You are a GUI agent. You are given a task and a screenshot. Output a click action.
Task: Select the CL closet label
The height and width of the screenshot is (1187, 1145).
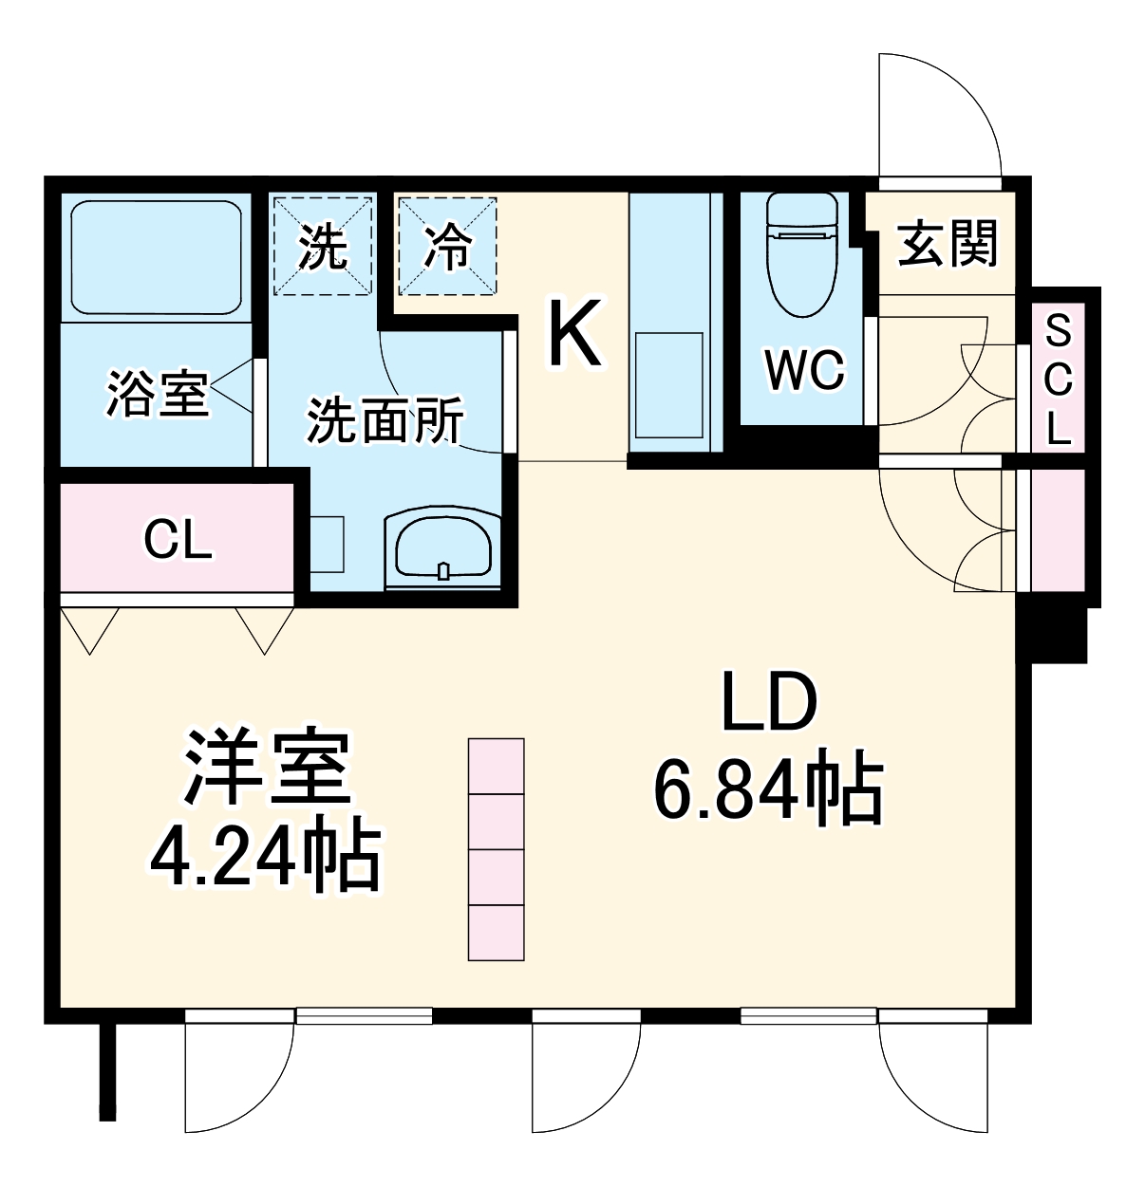pos(178,541)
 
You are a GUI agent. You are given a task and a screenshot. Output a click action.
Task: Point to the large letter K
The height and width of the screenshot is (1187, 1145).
pos(574,333)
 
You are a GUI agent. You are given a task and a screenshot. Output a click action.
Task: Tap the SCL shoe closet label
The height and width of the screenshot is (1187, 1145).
pos(1058,381)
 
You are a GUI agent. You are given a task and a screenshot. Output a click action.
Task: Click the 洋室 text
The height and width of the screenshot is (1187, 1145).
pos(268,767)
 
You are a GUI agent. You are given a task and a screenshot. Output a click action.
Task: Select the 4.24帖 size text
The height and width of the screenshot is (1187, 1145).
pos(266,856)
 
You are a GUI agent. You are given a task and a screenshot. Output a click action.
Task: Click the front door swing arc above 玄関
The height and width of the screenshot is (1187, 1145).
pos(940,114)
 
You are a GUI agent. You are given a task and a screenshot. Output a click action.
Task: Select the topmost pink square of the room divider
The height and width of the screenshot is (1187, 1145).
pos(497,766)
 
